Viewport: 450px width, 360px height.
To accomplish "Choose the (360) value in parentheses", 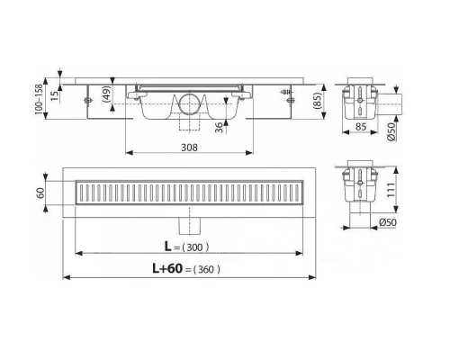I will pos(206,269).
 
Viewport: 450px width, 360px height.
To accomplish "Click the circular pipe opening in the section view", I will pos(189,101).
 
